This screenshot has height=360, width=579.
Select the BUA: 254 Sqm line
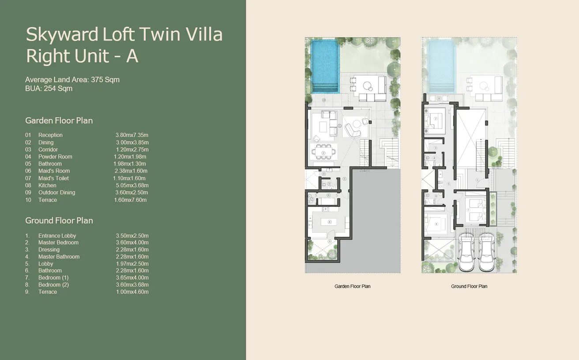click(x=49, y=89)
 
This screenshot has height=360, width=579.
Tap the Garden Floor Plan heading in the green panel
click(x=59, y=120)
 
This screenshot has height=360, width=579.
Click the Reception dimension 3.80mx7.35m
click(x=132, y=135)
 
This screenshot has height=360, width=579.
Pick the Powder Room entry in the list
click(x=55, y=157)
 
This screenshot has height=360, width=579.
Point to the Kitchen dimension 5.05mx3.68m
click(x=132, y=185)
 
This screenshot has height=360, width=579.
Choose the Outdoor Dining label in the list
click(x=56, y=192)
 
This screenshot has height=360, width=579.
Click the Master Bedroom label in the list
click(x=58, y=243)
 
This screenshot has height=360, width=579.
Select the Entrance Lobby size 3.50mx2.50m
click(x=132, y=236)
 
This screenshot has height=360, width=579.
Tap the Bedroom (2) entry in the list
click(x=53, y=285)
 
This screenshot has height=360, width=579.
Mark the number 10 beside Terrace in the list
click(x=28, y=200)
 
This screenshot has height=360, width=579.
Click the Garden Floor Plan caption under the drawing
click(x=352, y=286)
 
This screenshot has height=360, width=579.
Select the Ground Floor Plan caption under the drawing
click(x=469, y=286)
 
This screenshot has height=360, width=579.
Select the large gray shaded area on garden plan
click(x=375, y=221)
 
